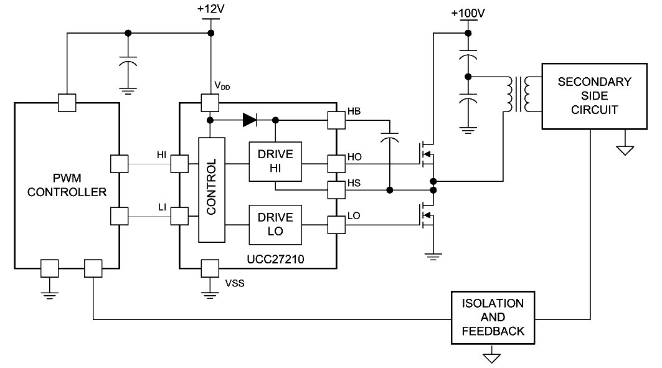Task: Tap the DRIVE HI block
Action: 275,161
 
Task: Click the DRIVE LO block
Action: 275,224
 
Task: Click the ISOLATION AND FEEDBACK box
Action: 493,318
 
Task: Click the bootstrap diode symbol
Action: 250,118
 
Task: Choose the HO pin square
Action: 336,164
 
